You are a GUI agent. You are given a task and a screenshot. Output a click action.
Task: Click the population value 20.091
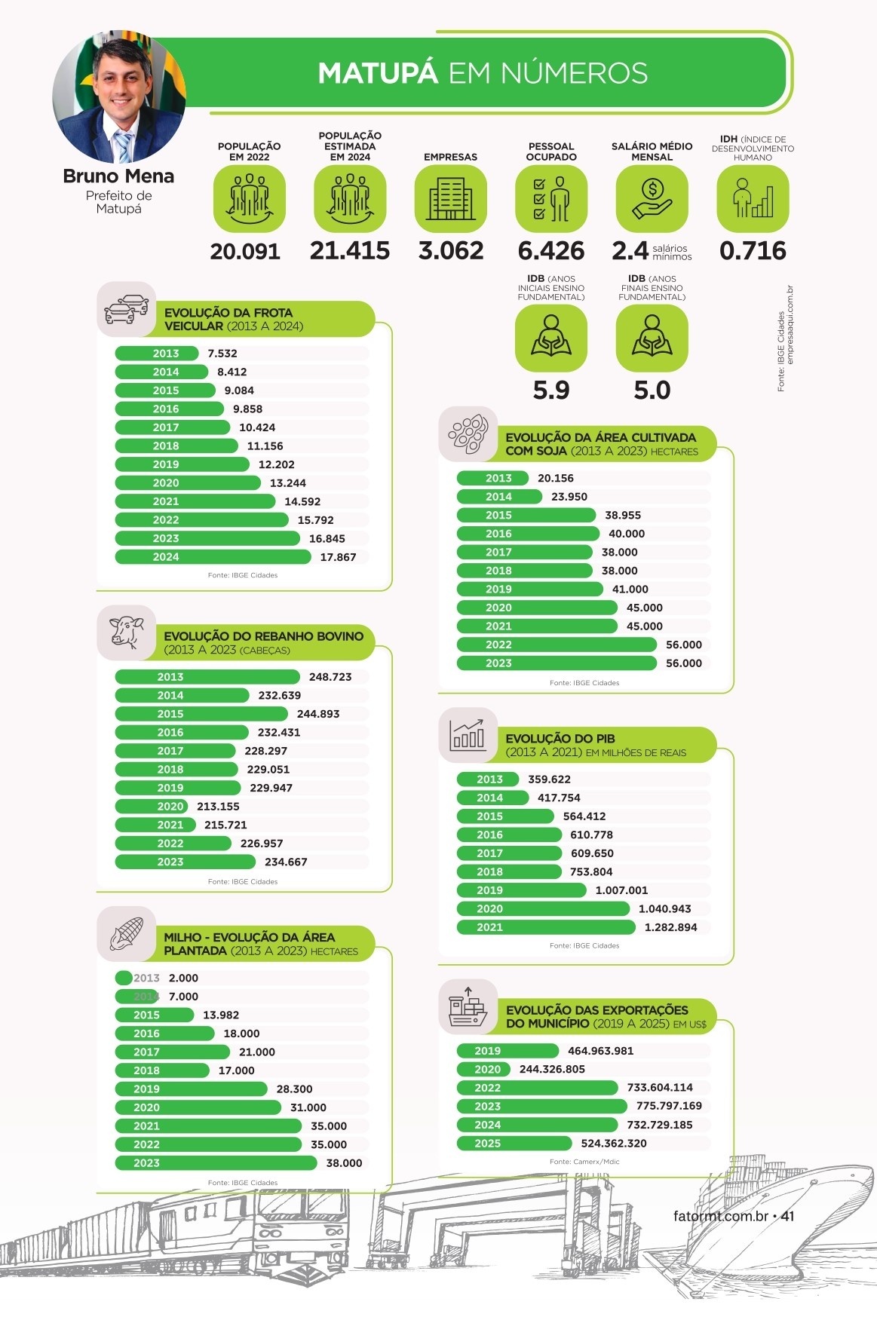[245, 251]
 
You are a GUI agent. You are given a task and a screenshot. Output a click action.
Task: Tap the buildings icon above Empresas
[451, 199]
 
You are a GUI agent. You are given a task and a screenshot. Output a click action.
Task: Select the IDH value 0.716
[753, 251]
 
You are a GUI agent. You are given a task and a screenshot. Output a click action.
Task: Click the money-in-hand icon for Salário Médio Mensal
[652, 199]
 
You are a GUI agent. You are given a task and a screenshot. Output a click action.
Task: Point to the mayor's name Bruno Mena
[118, 176]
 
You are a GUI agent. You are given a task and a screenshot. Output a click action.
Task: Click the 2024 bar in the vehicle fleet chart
[213, 557]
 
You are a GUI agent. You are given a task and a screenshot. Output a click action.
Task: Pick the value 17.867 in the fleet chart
[338, 557]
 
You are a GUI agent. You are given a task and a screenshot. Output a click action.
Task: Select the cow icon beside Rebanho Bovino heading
[127, 632]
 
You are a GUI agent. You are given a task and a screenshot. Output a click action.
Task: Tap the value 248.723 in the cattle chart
[330, 677]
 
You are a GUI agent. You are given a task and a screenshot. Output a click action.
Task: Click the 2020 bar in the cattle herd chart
[151, 807]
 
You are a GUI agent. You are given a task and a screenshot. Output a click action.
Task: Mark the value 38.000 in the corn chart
[344, 1163]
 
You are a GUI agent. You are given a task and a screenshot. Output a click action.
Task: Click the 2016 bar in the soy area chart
[528, 534]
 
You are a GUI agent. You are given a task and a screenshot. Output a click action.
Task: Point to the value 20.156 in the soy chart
[556, 478]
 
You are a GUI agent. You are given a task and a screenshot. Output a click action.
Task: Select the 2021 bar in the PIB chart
[546, 927]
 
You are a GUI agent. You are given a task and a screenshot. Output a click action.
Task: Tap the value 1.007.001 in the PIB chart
[621, 890]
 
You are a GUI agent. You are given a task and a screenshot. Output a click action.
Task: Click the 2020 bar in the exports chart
[483, 1069]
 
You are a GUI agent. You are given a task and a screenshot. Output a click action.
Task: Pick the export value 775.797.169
[669, 1106]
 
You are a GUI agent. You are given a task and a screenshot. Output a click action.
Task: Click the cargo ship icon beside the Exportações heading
[468, 1007]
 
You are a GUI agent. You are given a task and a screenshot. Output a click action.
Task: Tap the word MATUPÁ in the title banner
[378, 73]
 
